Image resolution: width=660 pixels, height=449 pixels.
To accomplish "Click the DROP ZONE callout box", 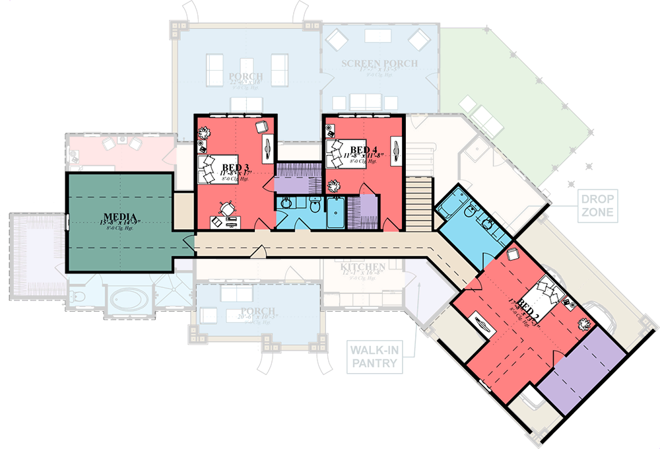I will pos(597,205).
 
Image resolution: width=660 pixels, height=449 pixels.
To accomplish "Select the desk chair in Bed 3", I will pos(228,208).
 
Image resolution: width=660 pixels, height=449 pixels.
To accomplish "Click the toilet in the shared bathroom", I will pos(315,207).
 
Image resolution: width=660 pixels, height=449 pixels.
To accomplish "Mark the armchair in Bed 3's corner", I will pos(261,127).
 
